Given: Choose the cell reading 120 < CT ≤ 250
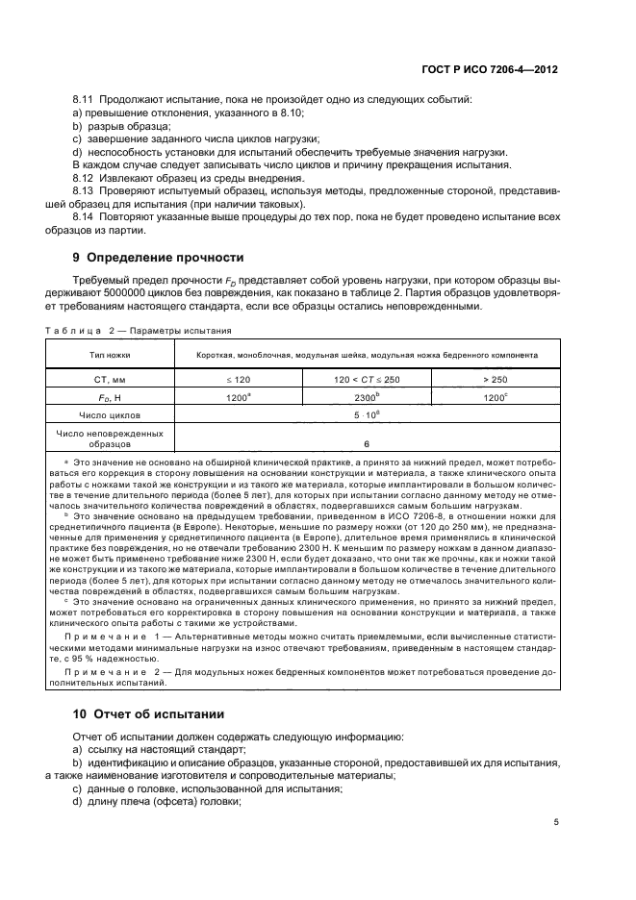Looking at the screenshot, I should click(x=367, y=380).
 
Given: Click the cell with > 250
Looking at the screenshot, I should click(x=496, y=380).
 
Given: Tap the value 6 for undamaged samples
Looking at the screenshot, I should click(x=367, y=444).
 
